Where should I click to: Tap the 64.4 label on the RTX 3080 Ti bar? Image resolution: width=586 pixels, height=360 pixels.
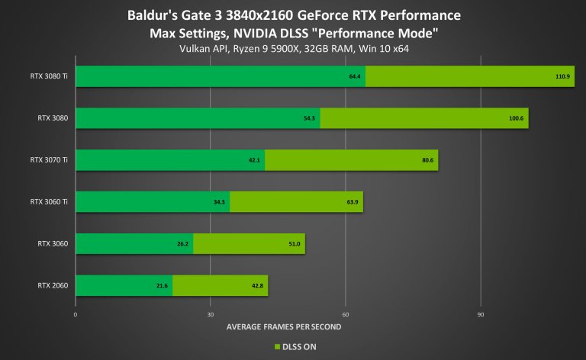pyautogui.click(x=354, y=76)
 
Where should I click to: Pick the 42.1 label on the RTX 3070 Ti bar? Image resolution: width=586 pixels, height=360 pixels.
pyautogui.click(x=254, y=160)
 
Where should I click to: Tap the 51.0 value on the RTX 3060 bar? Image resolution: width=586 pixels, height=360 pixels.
pyautogui.click(x=294, y=244)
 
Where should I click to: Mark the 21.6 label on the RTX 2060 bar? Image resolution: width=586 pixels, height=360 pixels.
pyautogui.click(x=162, y=285)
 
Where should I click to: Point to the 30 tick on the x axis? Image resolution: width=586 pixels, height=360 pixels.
pyautogui.click(x=211, y=313)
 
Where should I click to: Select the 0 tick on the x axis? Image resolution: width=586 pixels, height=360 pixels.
pyautogui.click(x=76, y=313)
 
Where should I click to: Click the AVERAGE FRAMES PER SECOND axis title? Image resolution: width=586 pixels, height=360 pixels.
pyautogui.click(x=284, y=326)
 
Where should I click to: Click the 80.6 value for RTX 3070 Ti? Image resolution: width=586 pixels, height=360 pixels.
pyautogui.click(x=427, y=160)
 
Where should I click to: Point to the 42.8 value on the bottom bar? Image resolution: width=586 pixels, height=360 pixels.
pyautogui.click(x=257, y=285)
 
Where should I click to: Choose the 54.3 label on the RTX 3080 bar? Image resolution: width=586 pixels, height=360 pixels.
pyautogui.click(x=309, y=118)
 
